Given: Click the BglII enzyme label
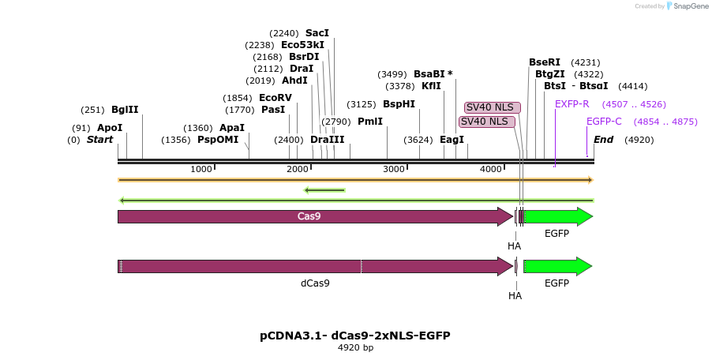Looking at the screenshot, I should click(125, 110).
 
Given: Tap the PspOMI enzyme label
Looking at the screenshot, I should click(217, 140).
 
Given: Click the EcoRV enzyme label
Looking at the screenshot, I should click(275, 98).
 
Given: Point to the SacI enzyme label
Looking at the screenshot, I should click(317, 33).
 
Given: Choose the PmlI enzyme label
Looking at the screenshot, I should click(369, 122).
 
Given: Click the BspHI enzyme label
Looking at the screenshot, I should click(399, 104).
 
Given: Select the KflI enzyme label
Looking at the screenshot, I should click(431, 86).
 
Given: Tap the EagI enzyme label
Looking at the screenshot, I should click(452, 140).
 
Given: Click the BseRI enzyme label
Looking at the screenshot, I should click(545, 62).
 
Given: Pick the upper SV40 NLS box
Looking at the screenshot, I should click(490, 107).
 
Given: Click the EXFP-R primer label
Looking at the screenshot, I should click(572, 104).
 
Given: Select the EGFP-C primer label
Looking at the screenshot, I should click(604, 122).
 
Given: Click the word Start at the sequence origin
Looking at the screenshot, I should click(100, 140).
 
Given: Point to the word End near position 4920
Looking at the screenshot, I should click(603, 140).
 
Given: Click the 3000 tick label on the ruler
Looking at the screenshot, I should click(393, 169).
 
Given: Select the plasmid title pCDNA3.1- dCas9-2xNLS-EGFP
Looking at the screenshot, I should click(355, 336).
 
